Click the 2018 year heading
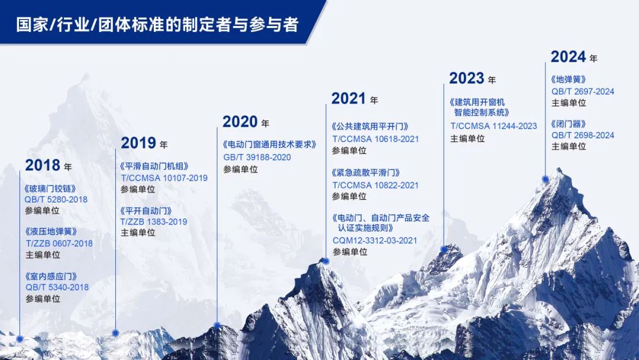click(x=48, y=165)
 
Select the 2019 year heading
click(x=144, y=143)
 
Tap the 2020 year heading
click(x=246, y=121)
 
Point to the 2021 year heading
click(x=354, y=98)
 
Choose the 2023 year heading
click(x=472, y=78)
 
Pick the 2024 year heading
click(x=574, y=57)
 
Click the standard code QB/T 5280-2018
click(x=56, y=200)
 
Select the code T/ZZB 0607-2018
click(x=59, y=243)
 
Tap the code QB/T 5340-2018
click(x=57, y=287)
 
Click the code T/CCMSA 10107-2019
click(x=164, y=178)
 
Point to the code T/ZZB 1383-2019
click(x=154, y=222)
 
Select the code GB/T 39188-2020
click(x=257, y=157)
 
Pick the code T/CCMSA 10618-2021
click(x=376, y=139)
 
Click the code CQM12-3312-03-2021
click(x=375, y=240)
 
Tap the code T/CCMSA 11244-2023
click(x=493, y=126)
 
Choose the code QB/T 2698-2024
click(x=583, y=136)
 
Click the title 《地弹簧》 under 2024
click(x=569, y=79)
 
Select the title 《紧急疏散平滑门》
click(x=366, y=172)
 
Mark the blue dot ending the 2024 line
click(x=546, y=179)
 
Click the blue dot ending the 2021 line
click(x=326, y=261)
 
